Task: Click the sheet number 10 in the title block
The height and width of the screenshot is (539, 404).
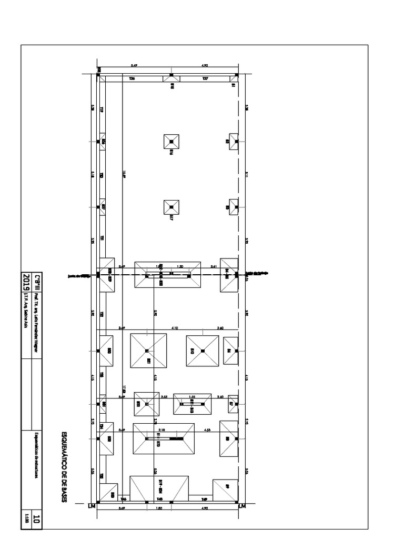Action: click(x=36, y=519)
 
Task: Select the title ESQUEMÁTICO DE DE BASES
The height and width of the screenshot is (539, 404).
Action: click(x=64, y=466)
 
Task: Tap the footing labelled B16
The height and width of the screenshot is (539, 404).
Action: click(x=171, y=142)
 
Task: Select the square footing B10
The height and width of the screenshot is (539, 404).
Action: click(x=202, y=351)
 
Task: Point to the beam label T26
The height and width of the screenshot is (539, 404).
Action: click(x=132, y=79)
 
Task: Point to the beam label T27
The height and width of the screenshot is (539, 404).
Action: click(x=205, y=79)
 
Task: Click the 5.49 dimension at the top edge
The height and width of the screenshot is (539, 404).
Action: click(x=134, y=66)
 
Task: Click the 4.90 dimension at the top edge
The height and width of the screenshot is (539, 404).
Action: click(x=205, y=66)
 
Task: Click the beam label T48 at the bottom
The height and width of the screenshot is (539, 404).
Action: click(x=159, y=499)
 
